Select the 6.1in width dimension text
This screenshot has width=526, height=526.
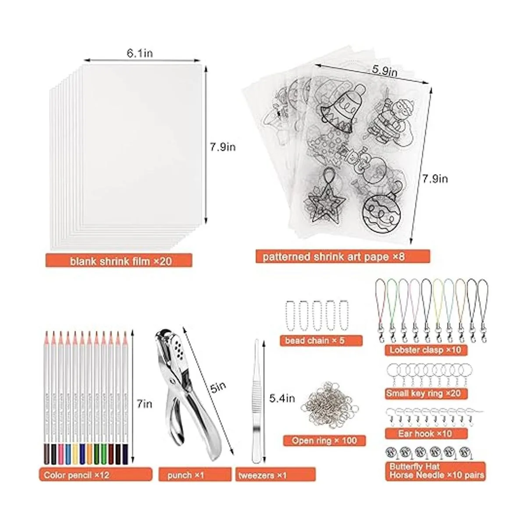pos(139,53)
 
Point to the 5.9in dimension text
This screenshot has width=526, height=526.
pos(384,71)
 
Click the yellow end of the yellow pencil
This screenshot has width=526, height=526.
pos(75,454)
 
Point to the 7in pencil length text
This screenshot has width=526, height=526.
pos(144,404)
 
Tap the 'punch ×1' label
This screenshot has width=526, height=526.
pos(185,475)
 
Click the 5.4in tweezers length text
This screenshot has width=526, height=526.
pos(282,398)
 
